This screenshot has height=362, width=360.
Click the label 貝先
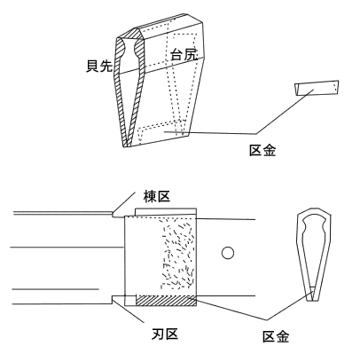click(99, 66)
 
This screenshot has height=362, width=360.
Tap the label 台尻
click(184, 54)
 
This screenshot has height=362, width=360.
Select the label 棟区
click(157, 196)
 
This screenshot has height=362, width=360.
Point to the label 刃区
click(165, 334)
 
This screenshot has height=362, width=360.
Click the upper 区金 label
click(262, 150)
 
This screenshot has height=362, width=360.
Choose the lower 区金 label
click(276, 336)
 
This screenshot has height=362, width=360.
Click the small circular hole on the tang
click(228, 253)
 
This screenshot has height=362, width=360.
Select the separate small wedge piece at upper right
click(317, 88)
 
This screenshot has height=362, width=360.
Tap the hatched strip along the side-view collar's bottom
click(166, 301)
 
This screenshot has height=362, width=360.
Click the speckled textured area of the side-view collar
click(177, 253)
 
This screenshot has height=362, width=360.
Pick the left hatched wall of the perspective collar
click(121, 89)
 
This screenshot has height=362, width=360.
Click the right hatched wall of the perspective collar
click(137, 89)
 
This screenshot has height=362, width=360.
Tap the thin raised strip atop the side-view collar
click(166, 212)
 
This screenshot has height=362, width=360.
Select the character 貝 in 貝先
click(92, 66)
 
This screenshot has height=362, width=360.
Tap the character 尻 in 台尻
click(191, 54)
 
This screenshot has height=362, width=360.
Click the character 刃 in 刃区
click(158, 334)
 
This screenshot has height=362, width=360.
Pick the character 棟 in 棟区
click(150, 196)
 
